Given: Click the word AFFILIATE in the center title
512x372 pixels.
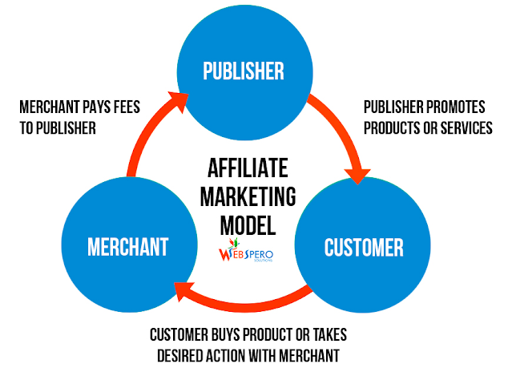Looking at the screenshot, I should click(251, 169).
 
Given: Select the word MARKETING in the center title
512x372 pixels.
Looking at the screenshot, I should click(251, 196).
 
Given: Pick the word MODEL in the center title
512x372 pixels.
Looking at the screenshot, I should click(251, 223).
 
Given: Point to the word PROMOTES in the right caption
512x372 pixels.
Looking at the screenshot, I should click(458, 107).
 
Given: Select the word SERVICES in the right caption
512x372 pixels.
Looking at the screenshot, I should click(464, 128).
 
